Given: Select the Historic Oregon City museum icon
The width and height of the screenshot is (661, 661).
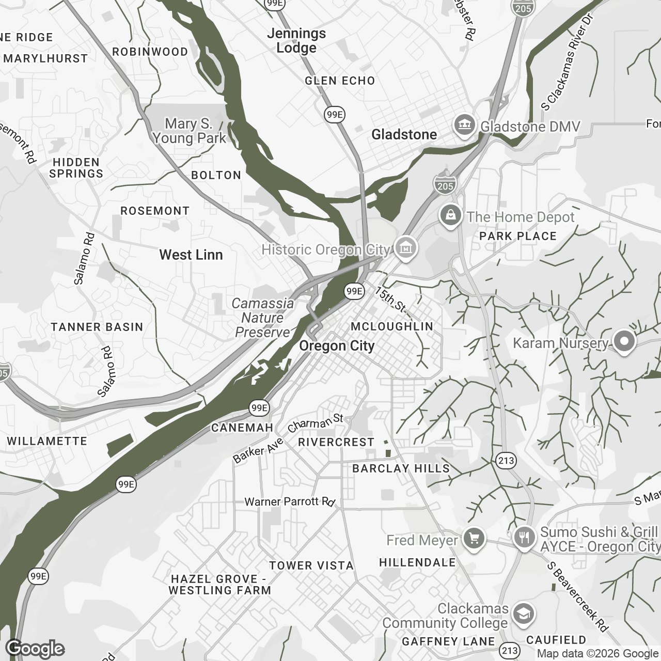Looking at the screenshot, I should coord(406,249).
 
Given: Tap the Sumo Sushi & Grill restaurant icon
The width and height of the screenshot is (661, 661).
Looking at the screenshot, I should coord(525,539).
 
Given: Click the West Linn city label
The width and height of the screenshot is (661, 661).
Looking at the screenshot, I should coord(191,255).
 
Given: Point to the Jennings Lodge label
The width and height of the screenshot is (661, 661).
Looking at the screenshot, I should coord(296,40).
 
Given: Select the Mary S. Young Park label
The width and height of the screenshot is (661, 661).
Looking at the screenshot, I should coord(190,131).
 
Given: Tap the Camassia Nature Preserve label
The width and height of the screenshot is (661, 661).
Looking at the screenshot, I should coord(262,318).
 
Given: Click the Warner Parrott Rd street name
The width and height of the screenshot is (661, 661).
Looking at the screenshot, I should coord(290,501).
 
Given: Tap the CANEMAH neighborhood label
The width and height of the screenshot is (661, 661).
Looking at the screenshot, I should coord(242,428).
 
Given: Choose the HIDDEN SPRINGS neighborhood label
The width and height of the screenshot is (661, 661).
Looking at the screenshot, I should coord(76,168).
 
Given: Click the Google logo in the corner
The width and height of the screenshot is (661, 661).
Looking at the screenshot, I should coord(35,649).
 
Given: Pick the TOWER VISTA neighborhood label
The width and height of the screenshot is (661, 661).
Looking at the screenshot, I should coord(311,565).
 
